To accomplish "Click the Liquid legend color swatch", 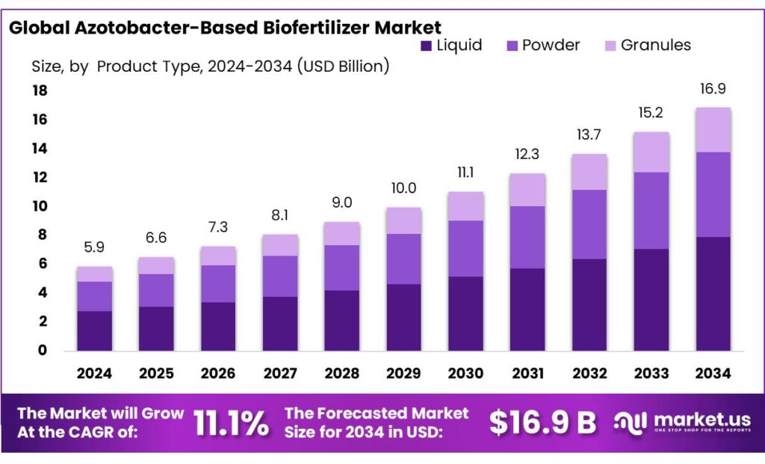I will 427,46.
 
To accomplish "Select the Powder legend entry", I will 542,45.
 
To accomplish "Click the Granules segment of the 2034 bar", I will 713,130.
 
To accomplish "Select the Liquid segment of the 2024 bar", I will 94,330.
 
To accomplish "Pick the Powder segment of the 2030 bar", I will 465,249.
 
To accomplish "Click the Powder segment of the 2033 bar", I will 651,211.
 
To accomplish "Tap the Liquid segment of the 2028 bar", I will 341,320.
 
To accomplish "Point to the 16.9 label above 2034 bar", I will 713,90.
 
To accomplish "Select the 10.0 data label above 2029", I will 403,188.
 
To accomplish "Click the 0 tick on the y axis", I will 43,350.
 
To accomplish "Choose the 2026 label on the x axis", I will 217,373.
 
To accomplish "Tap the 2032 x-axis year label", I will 589,373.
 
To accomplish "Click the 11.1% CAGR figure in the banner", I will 231,424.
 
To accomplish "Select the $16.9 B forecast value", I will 542,423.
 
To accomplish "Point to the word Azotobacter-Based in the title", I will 176,28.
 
